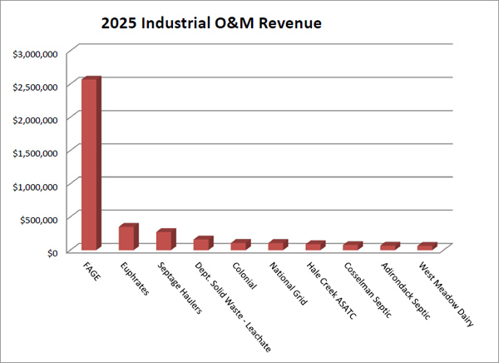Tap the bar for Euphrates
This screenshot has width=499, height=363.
coord(126,238)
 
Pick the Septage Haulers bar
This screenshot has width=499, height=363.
coord(164,241)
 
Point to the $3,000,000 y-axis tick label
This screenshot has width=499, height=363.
coord(34,53)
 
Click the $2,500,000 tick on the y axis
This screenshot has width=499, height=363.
coord(34,87)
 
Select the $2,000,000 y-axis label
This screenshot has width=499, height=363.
coord(34,119)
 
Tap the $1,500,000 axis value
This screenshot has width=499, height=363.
coord(34,152)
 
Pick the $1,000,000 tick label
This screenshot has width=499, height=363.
coord(34,186)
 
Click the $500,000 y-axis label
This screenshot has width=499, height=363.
coord(39,219)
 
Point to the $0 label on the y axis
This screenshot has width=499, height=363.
coord(51,251)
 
